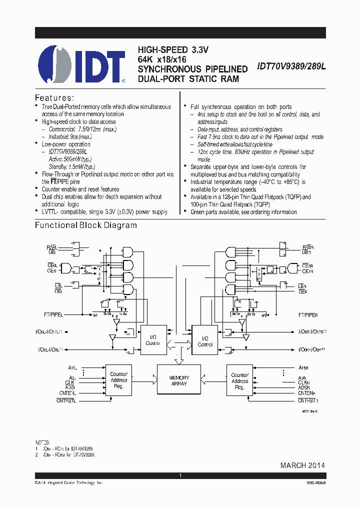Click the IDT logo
[81, 63]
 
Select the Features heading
[54, 97]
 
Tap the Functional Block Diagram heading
[85, 225]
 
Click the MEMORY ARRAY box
[179, 380]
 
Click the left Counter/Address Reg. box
[118, 380]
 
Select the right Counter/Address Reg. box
[239, 380]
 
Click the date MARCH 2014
[302, 465]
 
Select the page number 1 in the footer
[180, 475]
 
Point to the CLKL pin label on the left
[70, 382]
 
